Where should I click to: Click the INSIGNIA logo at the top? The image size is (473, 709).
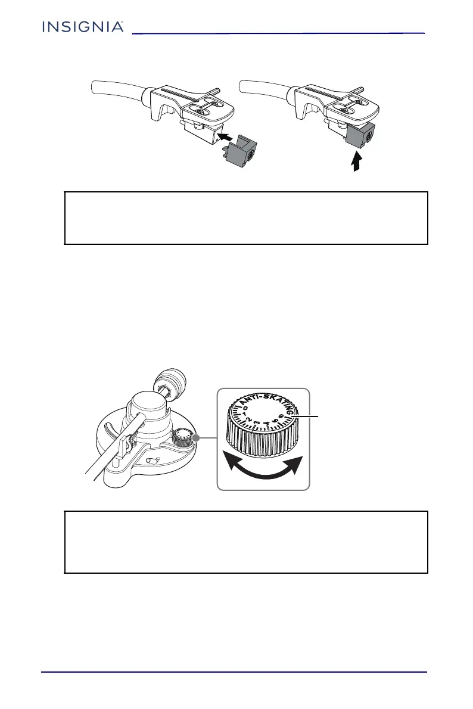pos(83,27)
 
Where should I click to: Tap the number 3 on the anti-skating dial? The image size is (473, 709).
pos(257,424)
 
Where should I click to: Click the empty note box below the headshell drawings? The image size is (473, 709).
pos(246,217)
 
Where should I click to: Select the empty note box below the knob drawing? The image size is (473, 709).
pos(246,542)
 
